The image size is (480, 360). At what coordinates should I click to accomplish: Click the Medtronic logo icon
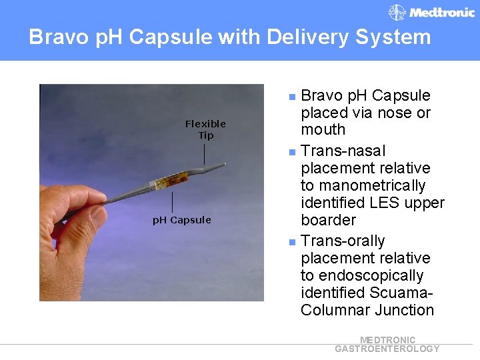tap(397, 12)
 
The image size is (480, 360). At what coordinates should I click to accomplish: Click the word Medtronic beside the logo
tap(441, 13)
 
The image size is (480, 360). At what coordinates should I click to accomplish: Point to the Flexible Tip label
tap(205, 129)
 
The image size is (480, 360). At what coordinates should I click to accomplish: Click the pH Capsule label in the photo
tap(181, 220)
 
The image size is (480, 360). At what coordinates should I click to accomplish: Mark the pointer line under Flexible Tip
tap(205, 154)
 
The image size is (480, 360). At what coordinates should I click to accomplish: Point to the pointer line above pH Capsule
tap(172, 202)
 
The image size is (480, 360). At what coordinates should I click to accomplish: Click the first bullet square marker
tap(291, 97)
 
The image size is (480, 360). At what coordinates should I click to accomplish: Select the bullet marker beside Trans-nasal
tap(291, 152)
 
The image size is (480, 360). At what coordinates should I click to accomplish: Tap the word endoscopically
tap(371, 275)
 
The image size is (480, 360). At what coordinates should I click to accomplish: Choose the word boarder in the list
tap(328, 220)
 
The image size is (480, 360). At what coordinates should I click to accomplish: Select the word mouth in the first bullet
tap(323, 129)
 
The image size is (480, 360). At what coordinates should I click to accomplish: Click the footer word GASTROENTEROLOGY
tap(387, 349)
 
